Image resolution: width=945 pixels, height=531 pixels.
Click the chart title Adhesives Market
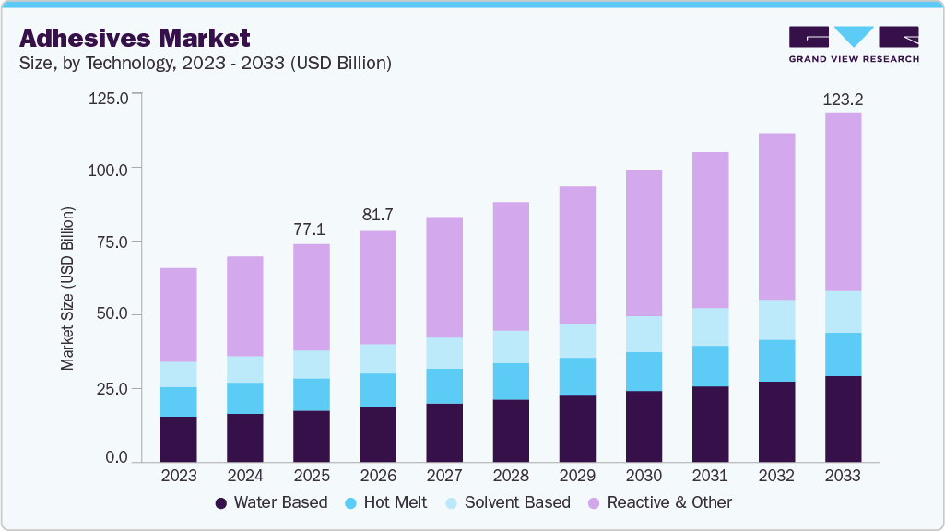[x=135, y=38]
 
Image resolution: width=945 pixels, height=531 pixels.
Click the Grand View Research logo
[x=853, y=43]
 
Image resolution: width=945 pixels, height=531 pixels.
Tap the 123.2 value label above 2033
[x=843, y=99]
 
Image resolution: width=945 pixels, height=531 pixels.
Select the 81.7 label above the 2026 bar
[x=377, y=215]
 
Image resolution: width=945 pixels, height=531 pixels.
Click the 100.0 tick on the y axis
[x=109, y=169]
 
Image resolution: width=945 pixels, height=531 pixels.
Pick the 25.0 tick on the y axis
[x=112, y=388]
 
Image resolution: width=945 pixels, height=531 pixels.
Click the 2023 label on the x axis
[x=178, y=477]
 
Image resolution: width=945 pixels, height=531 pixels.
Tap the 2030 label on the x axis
[x=644, y=477]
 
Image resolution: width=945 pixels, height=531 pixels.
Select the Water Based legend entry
[x=271, y=503]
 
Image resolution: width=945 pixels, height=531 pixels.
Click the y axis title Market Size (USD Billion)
[x=67, y=289]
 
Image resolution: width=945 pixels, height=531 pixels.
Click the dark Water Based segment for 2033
[x=843, y=419]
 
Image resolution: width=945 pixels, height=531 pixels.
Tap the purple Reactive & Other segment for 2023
[x=178, y=314]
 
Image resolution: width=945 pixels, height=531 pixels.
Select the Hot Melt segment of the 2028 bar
[x=510, y=381]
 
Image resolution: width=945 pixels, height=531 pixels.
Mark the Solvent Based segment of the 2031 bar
[x=710, y=326]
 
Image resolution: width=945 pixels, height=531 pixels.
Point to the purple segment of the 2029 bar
[x=576, y=254]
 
